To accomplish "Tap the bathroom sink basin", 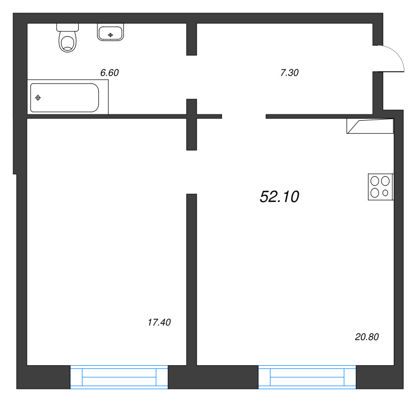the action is (x=110, y=33).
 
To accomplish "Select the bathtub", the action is (x=65, y=98).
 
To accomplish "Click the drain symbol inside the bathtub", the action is (x=38, y=98).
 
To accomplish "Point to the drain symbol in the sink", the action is (x=110, y=35).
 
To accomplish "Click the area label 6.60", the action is (x=109, y=72).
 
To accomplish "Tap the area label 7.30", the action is (x=289, y=72).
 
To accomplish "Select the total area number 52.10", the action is (x=279, y=197).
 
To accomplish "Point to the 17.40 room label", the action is (x=159, y=322).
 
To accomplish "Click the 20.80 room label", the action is (x=367, y=336).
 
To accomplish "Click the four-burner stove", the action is (x=381, y=187).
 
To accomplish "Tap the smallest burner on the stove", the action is (x=385, y=193).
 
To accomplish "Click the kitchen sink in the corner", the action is (x=370, y=126).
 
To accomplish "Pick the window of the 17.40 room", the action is (x=119, y=377).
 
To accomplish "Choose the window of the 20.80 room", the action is (x=307, y=377).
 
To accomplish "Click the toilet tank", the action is (x=68, y=27).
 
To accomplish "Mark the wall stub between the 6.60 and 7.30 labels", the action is (x=192, y=39).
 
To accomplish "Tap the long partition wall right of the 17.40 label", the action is (x=192, y=279).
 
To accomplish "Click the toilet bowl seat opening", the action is (x=68, y=43).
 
